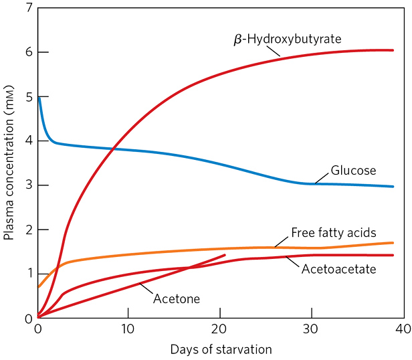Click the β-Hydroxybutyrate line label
pos(287,39)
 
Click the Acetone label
pos(177,298)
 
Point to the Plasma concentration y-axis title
pos(9,163)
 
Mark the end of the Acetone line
pos(225,255)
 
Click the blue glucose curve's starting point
pos(39,98)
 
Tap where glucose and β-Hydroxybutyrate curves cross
pos(114,148)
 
